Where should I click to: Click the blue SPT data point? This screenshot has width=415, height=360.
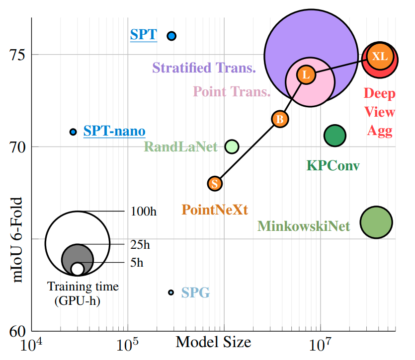171,36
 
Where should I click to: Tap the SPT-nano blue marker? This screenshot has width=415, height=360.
73,132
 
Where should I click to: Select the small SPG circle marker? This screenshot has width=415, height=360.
171,292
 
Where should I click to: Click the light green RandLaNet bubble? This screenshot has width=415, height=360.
232,146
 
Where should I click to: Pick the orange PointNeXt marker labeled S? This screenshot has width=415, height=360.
215,183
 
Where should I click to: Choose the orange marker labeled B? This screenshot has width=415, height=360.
280,119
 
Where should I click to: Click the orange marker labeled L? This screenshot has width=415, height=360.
306,75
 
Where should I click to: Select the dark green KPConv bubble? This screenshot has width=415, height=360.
334,136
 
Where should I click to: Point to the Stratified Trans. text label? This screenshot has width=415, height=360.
204,68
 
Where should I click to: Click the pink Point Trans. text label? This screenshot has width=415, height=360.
232,91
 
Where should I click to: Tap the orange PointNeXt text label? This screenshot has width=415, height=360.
215,210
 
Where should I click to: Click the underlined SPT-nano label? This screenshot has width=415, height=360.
114,132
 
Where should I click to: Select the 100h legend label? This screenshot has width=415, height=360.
143,212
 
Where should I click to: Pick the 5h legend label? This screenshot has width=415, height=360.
137,263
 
